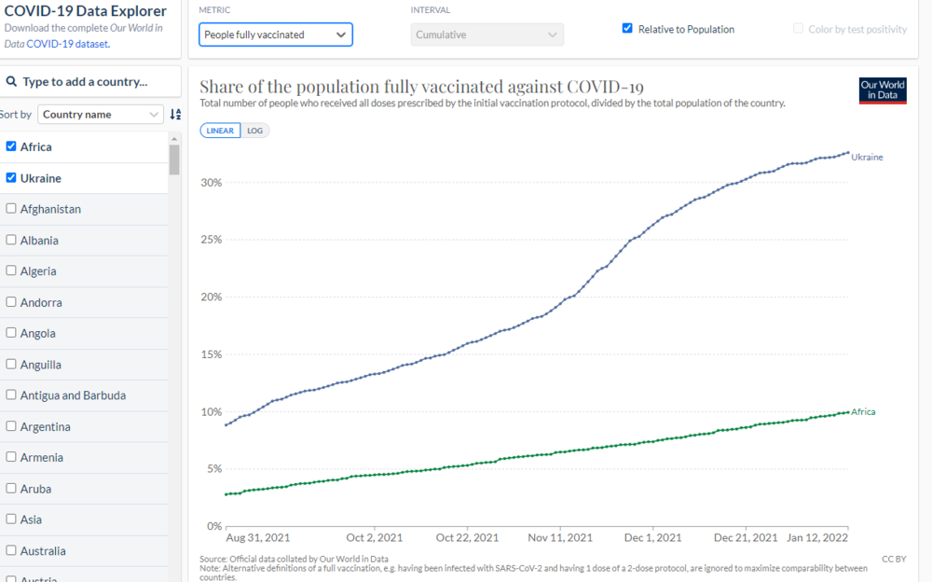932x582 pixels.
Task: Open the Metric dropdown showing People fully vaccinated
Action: pos(276,35)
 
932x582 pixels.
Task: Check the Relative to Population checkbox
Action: pos(627,29)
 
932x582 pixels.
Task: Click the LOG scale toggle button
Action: pos(254,131)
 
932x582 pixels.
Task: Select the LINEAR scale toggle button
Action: pos(220,131)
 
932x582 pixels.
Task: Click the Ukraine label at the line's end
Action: pos(867,158)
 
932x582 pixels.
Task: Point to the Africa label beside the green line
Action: pos(863,411)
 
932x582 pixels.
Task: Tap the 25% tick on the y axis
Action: pos(211,240)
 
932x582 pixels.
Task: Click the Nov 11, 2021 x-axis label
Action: pos(560,538)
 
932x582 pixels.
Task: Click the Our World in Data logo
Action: pos(882,90)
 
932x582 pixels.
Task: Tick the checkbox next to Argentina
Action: pos(11,426)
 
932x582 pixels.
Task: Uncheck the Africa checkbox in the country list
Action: pos(11,146)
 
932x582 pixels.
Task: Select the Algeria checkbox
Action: pos(11,270)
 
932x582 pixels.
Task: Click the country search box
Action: pos(90,82)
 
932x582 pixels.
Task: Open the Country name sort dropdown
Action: pos(101,115)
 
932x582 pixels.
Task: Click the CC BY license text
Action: pos(893,559)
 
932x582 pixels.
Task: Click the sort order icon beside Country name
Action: pos(175,115)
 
